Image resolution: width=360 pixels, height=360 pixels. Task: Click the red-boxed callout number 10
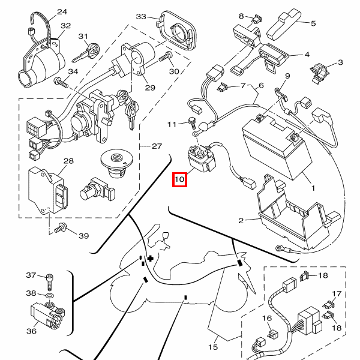179,179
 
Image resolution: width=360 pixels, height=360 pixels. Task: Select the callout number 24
62,12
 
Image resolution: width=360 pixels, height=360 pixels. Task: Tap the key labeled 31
86,53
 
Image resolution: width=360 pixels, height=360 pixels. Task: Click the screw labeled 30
166,56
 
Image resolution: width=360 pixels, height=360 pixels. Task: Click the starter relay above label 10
201,158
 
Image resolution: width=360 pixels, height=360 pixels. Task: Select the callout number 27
157,146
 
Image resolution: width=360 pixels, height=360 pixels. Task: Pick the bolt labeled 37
50,282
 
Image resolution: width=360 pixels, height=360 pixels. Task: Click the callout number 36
31,331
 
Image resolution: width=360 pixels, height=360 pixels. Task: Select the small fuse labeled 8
257,19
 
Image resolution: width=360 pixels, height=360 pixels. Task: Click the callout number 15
213,347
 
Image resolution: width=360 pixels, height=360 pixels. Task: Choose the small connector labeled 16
272,334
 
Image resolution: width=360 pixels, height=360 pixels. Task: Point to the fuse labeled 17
329,305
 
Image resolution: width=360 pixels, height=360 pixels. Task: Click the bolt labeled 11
191,123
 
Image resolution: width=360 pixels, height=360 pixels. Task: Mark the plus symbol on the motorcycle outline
151,259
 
